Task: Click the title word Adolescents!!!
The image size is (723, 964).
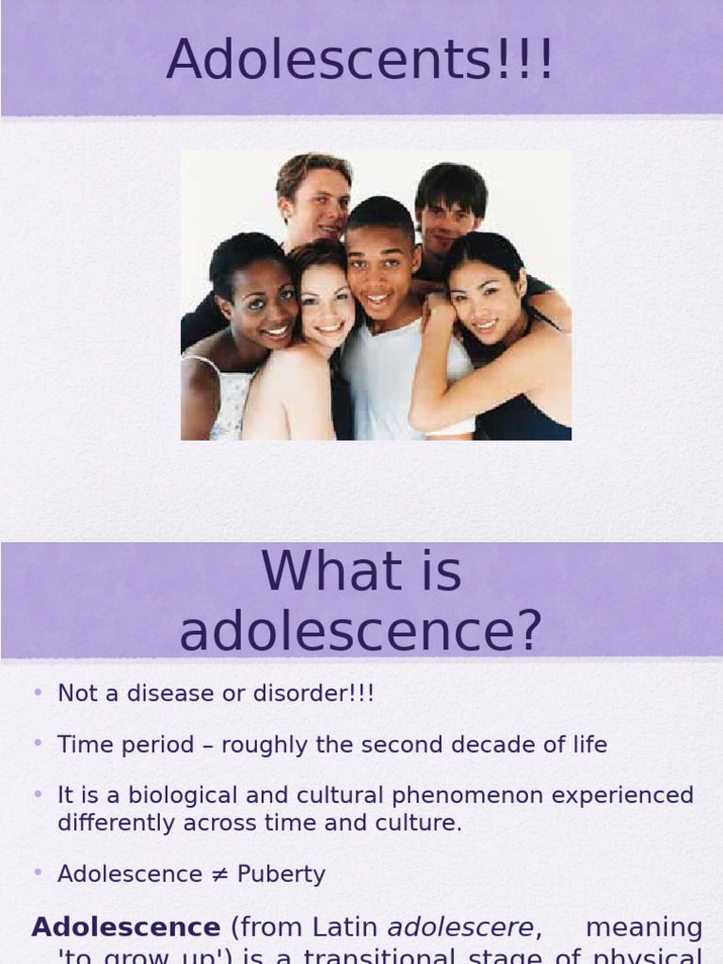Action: click(x=361, y=60)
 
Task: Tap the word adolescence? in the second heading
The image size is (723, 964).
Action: click(x=361, y=632)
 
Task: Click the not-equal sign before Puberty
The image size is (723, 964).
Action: click(x=221, y=875)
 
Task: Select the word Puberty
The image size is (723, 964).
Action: click(x=281, y=875)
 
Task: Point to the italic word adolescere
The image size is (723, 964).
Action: click(x=460, y=928)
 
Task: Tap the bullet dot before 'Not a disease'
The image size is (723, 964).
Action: click(x=38, y=693)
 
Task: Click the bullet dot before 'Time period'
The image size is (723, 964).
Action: click(x=38, y=744)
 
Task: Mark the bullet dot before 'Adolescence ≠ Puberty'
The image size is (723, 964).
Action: click(x=38, y=873)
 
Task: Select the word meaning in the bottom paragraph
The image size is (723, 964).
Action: click(x=644, y=928)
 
